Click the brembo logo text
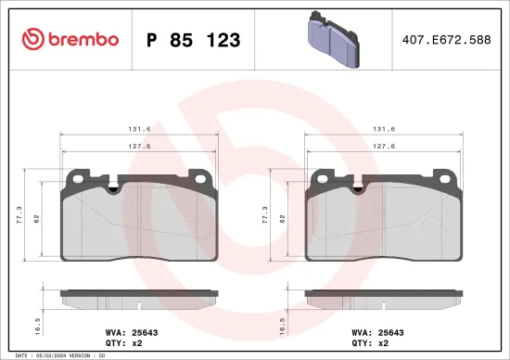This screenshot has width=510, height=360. pyautogui.click(x=83, y=39)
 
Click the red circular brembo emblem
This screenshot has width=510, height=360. pyautogui.click(x=32, y=39)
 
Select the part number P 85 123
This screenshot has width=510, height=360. pyautogui.click(x=194, y=40)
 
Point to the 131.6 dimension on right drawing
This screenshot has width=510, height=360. pyautogui.click(x=384, y=131)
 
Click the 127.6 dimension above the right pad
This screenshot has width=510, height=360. pyautogui.click(x=384, y=147)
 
